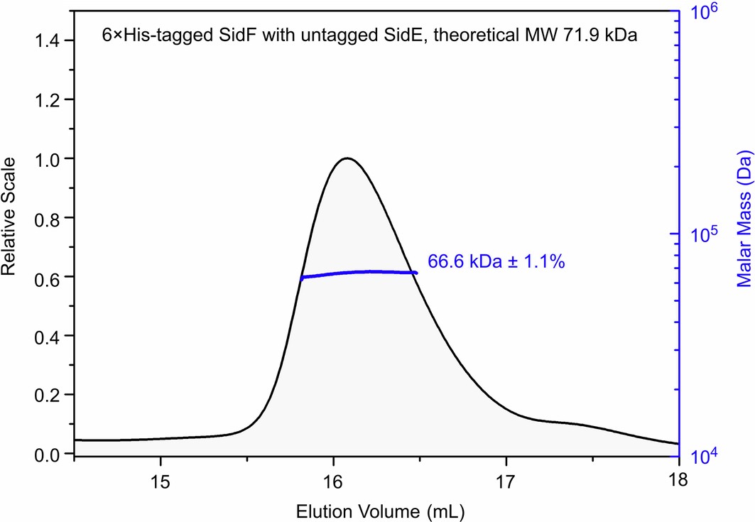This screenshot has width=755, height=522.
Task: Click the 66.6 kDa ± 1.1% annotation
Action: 496,263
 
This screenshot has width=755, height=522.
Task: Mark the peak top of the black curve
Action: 347,158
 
